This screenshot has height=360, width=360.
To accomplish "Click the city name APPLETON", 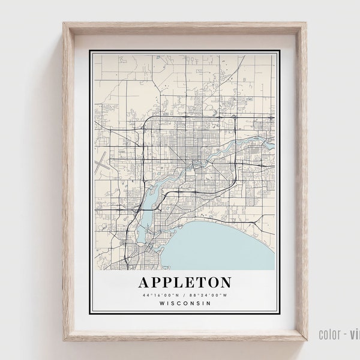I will tap(184, 281).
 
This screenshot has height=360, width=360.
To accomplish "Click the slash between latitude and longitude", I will tap(184, 294).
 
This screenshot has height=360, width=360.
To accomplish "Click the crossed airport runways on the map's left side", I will tap(101, 161).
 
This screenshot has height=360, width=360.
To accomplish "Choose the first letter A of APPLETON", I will tap(145, 281).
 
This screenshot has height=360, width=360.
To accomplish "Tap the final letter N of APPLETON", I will tap(224, 281).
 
